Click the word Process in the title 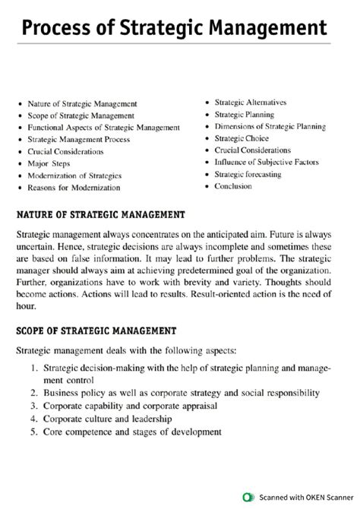point(56,30)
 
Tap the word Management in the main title point(262,30)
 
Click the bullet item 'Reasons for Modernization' point(74,187)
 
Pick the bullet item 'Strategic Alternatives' point(250,102)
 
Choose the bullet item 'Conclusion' point(233,186)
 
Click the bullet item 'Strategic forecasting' point(248,174)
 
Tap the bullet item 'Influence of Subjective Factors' point(266,162)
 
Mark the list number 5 point(35,432)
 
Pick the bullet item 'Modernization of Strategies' point(74,175)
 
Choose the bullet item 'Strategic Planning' point(244,114)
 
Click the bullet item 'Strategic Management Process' point(78,139)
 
